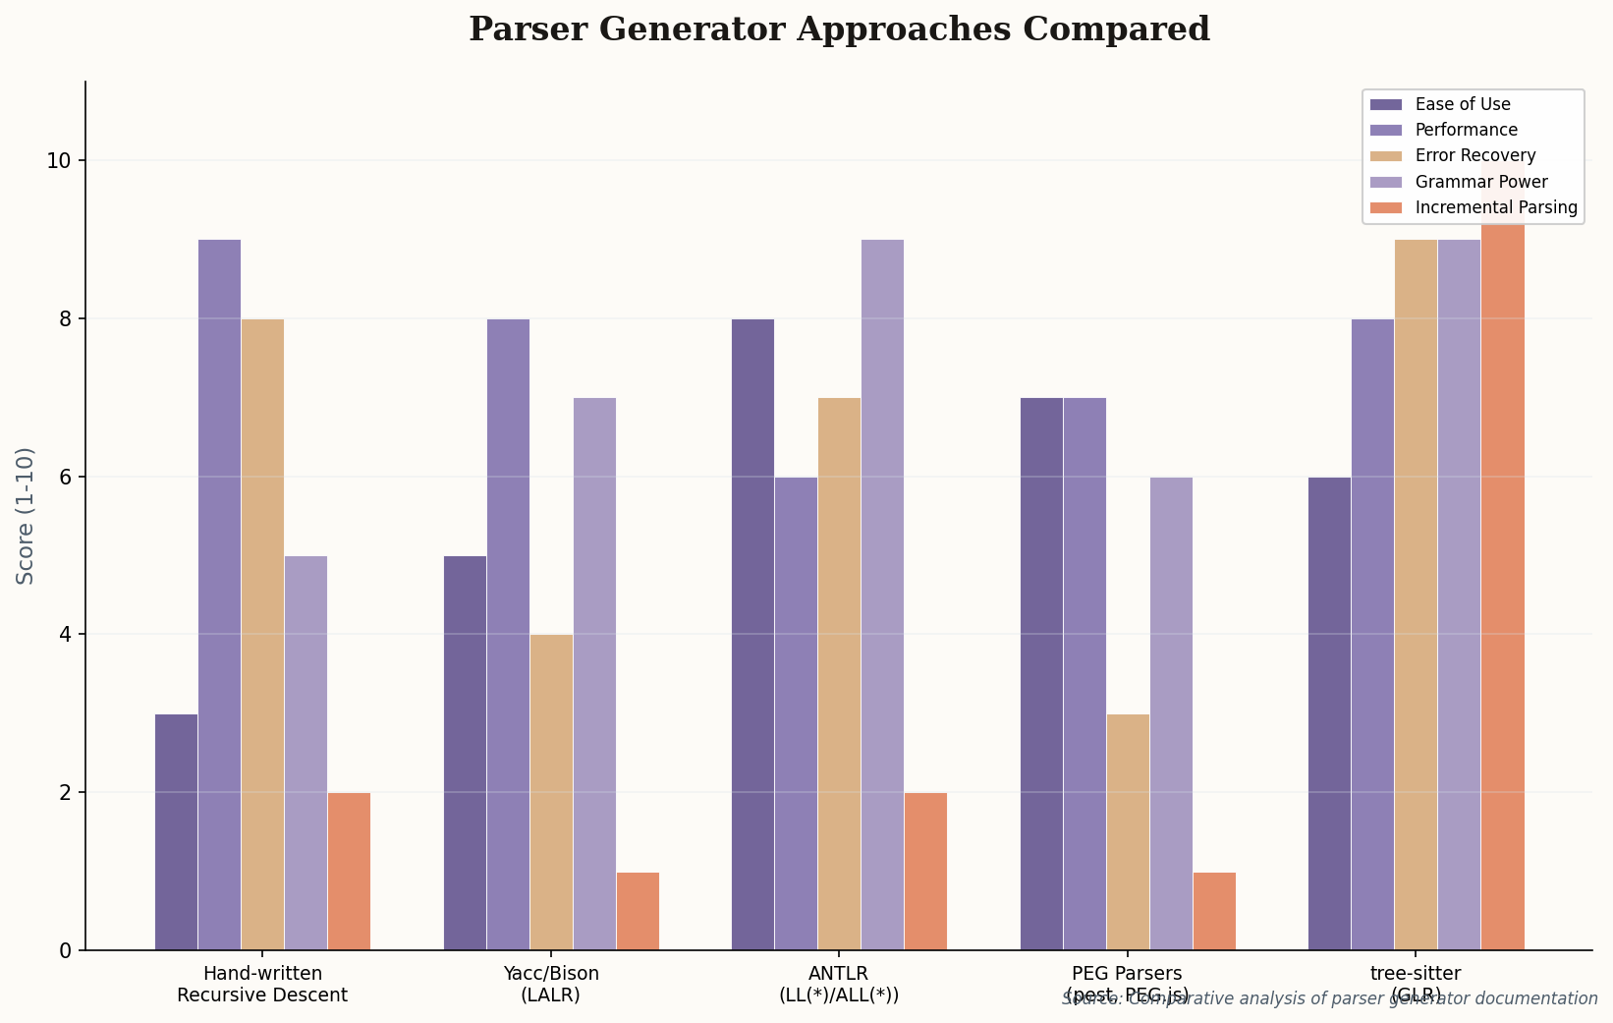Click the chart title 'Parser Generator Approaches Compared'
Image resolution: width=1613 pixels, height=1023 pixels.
(839, 29)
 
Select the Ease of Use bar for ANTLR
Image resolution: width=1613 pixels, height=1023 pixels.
(752, 634)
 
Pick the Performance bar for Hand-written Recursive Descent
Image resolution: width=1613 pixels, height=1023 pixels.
(219, 595)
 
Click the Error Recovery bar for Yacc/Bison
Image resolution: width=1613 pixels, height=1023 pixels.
(551, 792)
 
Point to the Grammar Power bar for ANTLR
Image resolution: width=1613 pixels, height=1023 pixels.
(882, 595)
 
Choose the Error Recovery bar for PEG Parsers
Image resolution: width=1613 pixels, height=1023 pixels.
(1128, 831)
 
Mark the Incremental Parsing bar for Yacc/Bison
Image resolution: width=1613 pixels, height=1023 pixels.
(638, 911)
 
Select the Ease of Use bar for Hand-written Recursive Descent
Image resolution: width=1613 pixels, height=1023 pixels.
(176, 831)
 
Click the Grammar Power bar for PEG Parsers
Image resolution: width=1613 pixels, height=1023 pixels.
(1171, 712)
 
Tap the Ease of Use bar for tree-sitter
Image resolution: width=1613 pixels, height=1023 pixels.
(1329, 712)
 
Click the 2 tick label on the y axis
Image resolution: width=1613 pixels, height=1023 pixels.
(65, 792)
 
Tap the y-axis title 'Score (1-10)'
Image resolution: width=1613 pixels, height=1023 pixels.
(26, 516)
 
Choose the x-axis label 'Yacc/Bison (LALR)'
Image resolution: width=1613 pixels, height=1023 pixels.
(551, 984)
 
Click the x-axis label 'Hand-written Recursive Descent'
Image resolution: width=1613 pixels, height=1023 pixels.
(262, 984)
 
